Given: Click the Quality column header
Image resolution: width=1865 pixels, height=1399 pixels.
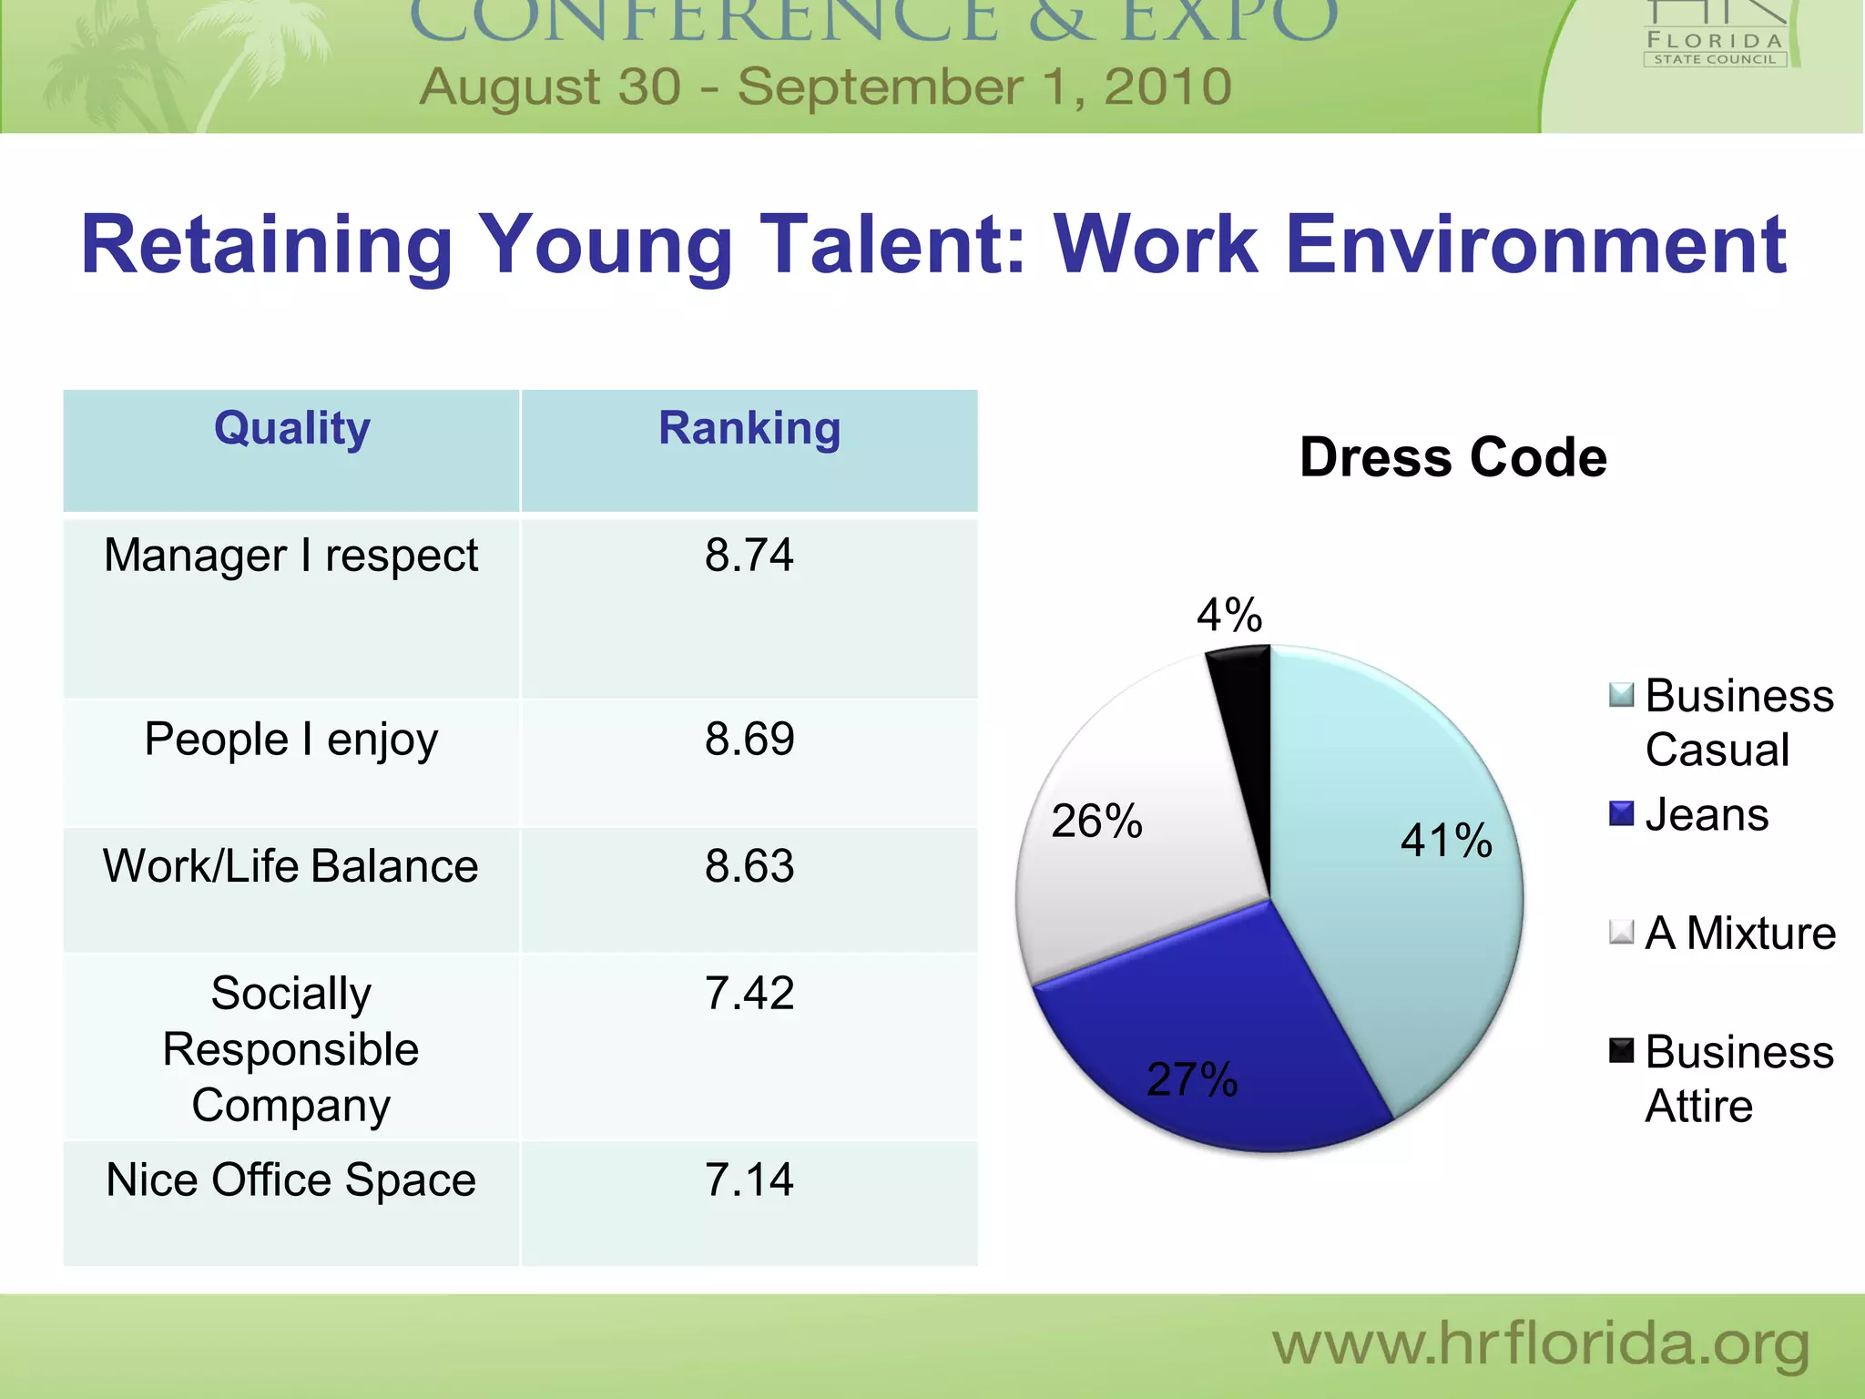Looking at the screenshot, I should (x=292, y=428).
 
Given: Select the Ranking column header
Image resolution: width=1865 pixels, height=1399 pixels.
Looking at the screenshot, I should (x=749, y=428).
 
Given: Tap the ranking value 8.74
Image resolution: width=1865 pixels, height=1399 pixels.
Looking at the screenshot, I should (x=749, y=555).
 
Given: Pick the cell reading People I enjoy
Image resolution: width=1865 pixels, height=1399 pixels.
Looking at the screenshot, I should (x=291, y=739).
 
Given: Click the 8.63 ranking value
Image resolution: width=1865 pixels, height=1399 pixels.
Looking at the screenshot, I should (x=749, y=865).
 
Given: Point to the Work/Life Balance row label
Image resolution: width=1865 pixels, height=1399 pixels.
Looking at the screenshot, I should (x=290, y=865).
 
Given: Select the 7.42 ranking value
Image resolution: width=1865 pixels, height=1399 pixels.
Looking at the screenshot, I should (x=749, y=993).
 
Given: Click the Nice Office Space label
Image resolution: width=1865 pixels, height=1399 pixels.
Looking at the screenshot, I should (x=290, y=1179).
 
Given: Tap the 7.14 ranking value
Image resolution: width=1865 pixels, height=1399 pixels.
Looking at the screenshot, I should (x=749, y=1179).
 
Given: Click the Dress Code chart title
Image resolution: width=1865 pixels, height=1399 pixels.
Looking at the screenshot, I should (x=1453, y=457).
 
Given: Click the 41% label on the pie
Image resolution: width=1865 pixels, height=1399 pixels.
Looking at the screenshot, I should (x=1446, y=840).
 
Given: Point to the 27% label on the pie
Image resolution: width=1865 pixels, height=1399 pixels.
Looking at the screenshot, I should (x=1192, y=1079).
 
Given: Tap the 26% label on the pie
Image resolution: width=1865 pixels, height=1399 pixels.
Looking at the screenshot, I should (x=1096, y=821).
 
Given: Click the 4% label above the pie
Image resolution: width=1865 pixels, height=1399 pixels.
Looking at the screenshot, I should (x=1229, y=615).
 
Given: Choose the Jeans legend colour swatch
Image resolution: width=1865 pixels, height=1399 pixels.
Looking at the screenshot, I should (x=1621, y=813).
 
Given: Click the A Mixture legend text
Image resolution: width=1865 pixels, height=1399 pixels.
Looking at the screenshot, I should (x=1740, y=933).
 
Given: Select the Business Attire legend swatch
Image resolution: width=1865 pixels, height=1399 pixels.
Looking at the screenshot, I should (x=1621, y=1050).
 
